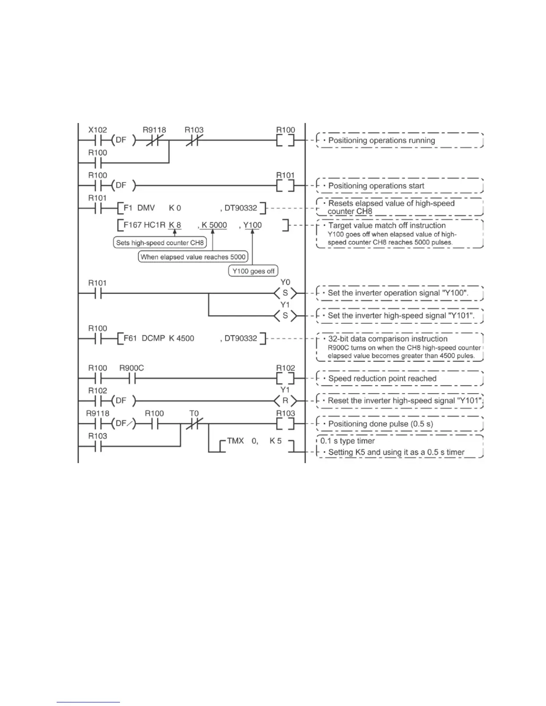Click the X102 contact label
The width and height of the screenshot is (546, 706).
[x=97, y=130]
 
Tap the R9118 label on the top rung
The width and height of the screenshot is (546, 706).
[x=154, y=130]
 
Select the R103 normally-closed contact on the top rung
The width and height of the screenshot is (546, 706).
[x=194, y=140]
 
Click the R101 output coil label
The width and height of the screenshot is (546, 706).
[x=285, y=175]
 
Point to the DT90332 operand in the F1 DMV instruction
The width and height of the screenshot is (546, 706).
[x=241, y=208]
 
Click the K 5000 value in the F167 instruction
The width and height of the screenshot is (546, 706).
[x=214, y=225]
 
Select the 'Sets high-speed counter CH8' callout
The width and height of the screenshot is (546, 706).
[x=160, y=243]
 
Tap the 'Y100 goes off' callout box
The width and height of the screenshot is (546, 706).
[x=253, y=271]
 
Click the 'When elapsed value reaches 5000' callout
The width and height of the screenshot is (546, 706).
[x=193, y=257]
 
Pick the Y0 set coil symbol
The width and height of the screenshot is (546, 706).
[x=285, y=293]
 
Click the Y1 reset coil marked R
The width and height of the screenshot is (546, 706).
[x=285, y=401]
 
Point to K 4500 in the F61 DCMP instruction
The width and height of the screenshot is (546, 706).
[x=182, y=338]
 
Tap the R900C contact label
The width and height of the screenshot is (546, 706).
[x=132, y=368]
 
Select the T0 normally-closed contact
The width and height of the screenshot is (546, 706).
[x=194, y=424]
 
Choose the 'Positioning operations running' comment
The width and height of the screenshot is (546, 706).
[x=381, y=140]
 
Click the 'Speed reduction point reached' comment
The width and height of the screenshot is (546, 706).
[x=382, y=378]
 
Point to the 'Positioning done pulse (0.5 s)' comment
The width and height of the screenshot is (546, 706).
[x=381, y=424]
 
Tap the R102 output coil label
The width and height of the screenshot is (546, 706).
[x=285, y=368]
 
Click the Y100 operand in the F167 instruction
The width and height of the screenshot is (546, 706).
[x=252, y=225]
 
